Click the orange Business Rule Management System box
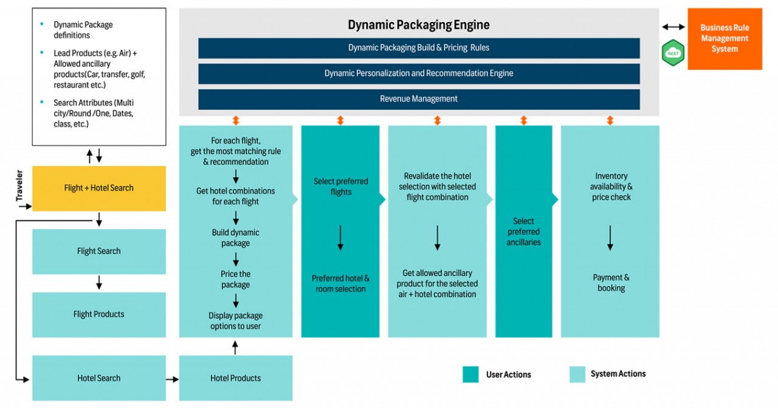coord(725,38)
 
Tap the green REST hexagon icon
coord(673,53)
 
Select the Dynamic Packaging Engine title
coord(418,25)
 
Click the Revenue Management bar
coord(418,99)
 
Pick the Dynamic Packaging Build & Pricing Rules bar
coord(418,48)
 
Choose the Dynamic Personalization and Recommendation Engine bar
coord(418,74)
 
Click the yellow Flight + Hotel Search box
coord(98,188)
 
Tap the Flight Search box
coord(98,251)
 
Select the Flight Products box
coord(98,314)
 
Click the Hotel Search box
coord(98,378)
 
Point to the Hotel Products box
coord(235,378)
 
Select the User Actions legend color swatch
coord(470,375)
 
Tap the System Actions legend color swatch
coord(577,375)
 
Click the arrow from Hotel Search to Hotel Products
coord(172,379)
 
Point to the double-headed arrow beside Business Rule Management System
coord(673,27)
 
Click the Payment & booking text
coord(611,283)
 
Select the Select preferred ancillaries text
coord(523,232)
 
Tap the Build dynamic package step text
coord(235,238)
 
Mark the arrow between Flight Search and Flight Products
coord(99,283)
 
